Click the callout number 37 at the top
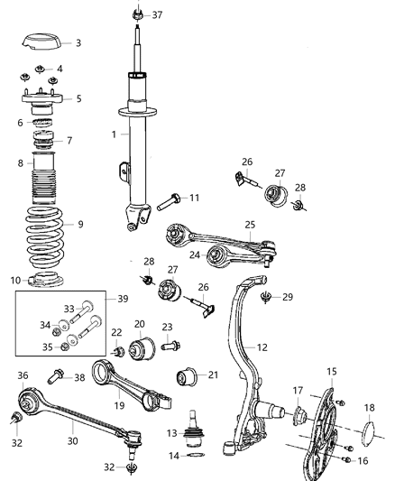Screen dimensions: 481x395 (158, 15)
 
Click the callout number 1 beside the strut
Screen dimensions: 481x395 (114, 134)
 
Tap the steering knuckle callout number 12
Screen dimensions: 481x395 (262, 347)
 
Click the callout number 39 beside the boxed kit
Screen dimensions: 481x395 (124, 298)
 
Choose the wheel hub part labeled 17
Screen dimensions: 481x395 (301, 416)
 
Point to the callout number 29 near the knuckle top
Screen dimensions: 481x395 (287, 297)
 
